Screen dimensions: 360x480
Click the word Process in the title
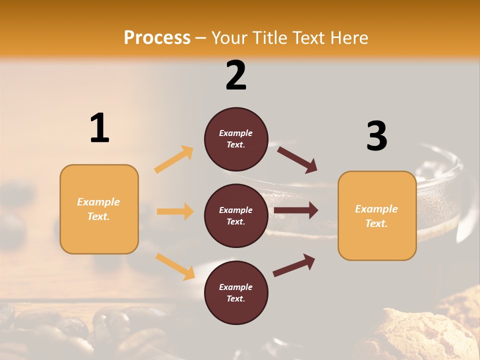157,37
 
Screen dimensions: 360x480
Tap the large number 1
99,128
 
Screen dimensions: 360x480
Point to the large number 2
236,75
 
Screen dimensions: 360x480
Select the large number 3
377,136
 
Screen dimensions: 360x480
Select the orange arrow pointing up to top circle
174,159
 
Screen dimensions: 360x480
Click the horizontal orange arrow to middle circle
175,211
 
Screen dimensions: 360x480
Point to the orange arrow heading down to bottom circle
175,266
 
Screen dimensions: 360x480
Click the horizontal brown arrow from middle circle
296,210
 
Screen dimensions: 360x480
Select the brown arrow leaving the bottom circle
294,265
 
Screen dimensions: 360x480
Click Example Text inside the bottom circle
236,293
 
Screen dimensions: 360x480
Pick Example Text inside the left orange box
99,209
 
